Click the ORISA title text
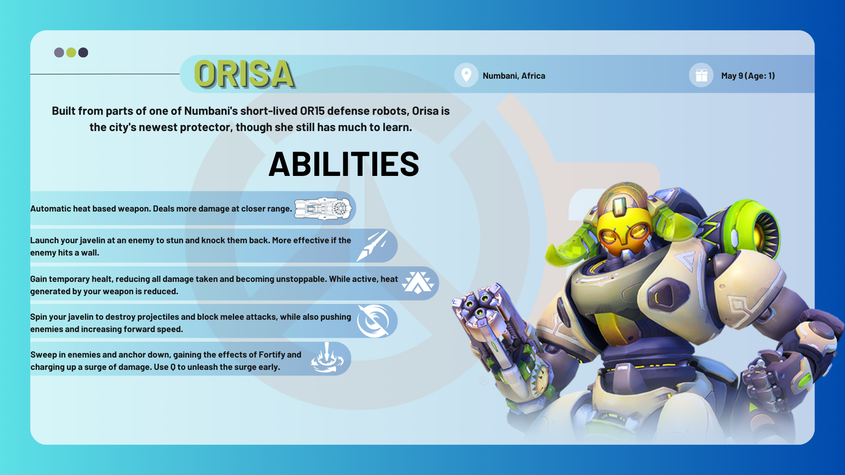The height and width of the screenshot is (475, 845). click(245, 74)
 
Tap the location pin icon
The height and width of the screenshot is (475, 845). click(466, 75)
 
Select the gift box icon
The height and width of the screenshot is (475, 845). click(702, 76)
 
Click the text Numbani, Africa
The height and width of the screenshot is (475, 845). click(514, 76)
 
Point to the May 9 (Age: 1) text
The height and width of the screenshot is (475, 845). click(748, 76)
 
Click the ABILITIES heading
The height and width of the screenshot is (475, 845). click(344, 164)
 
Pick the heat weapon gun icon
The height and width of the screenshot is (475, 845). click(323, 208)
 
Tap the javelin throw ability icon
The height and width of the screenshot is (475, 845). click(372, 246)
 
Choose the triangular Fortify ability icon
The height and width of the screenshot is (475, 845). click(418, 283)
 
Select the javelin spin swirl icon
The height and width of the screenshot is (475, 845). click(373, 321)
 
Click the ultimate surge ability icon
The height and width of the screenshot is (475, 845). click(327, 358)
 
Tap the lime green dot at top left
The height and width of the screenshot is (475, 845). click(71, 53)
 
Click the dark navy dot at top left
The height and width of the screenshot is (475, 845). click(83, 53)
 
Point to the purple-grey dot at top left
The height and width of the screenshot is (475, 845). click(59, 53)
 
